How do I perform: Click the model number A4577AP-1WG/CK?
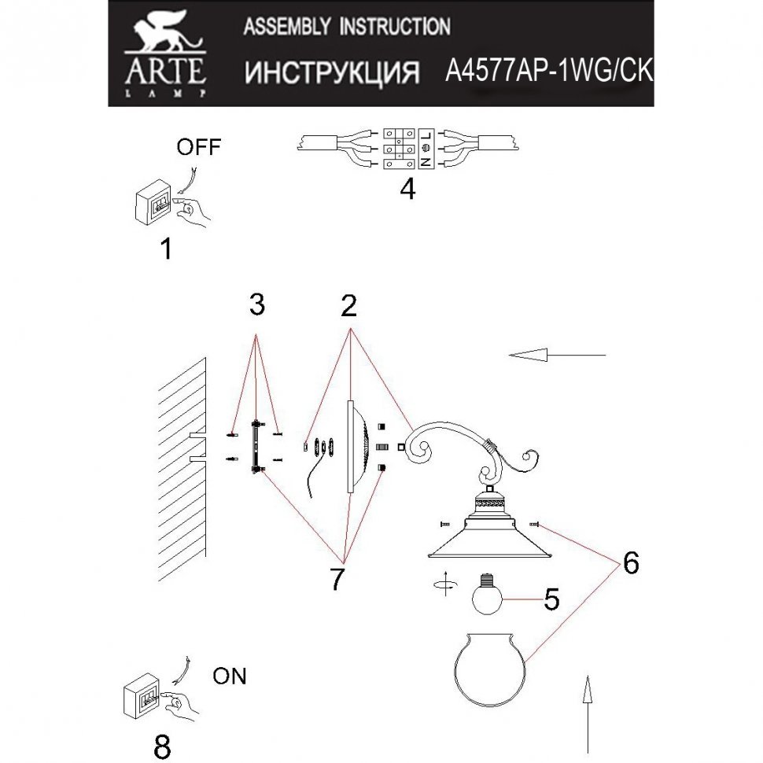pyautogui.click(x=548, y=72)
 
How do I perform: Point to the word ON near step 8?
pyautogui.click(x=229, y=675)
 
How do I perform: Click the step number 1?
pyautogui.click(x=165, y=249)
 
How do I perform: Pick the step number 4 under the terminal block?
pyautogui.click(x=407, y=190)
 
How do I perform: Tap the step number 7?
pyautogui.click(x=338, y=577)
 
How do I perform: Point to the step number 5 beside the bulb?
pyautogui.click(x=551, y=600)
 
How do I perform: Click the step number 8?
pyautogui.click(x=162, y=746)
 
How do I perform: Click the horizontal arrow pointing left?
pyautogui.click(x=558, y=356)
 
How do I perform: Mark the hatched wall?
pyautogui.click(x=182, y=472)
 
